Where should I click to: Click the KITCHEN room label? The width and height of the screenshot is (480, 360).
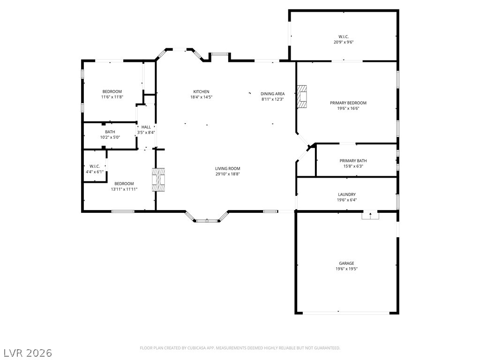[201, 91]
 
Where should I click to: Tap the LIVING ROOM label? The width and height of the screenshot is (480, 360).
[227, 168]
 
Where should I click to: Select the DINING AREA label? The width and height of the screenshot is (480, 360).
[272, 94]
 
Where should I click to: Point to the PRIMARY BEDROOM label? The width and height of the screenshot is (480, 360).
[348, 103]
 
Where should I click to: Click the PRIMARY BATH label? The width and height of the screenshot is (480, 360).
[353, 161]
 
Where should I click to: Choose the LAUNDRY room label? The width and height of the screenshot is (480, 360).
[347, 195]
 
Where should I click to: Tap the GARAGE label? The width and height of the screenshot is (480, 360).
[346, 263]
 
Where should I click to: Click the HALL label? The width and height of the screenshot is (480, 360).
[146, 127]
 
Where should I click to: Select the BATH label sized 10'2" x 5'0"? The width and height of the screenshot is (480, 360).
[110, 132]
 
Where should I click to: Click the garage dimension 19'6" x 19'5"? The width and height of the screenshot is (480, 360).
[346, 269]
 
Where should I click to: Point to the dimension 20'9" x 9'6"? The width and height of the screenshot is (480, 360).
[344, 42]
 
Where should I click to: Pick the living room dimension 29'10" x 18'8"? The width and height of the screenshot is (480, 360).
[227, 174]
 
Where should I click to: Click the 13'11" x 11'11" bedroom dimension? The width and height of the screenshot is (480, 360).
[124, 189]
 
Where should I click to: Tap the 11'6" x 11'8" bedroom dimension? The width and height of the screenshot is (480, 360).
[112, 97]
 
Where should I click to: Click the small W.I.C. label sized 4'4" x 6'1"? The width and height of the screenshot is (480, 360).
[95, 166]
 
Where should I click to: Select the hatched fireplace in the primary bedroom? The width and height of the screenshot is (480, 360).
[301, 97]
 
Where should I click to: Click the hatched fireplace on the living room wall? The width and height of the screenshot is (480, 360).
[158, 180]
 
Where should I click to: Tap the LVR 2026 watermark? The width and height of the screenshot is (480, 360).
[26, 353]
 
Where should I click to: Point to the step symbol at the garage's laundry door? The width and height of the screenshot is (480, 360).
[370, 216]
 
